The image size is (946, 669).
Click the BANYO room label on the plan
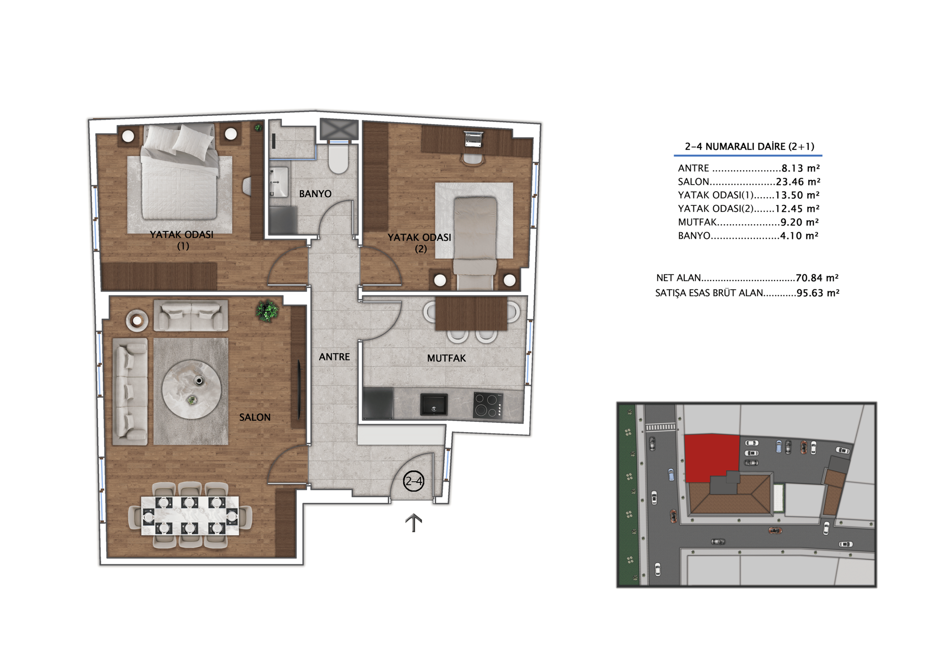[x=315, y=194]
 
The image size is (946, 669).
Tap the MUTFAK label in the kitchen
[x=446, y=358]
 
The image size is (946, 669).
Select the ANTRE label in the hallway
[x=334, y=357]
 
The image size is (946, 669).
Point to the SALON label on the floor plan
[x=255, y=417]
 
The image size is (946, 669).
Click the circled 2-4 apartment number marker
[x=413, y=481]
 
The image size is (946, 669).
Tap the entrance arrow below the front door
[x=413, y=523]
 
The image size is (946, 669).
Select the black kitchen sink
[x=434, y=404]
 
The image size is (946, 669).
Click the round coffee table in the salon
[x=192, y=389]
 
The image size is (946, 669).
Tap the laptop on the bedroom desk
[x=473, y=138]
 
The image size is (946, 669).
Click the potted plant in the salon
[x=267, y=311]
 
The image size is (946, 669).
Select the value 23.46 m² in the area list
[x=798, y=181]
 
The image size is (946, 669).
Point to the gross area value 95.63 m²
[x=818, y=293]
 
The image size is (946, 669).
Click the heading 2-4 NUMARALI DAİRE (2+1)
[x=749, y=146]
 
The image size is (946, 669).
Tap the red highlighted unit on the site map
[x=711, y=457]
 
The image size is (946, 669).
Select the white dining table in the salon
[x=190, y=515]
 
